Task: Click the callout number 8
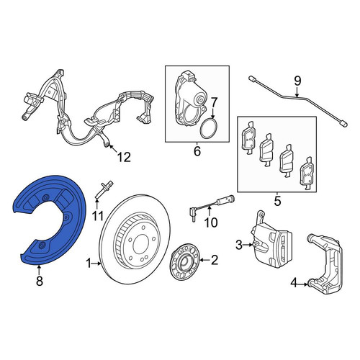pos(40,281)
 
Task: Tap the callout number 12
pos(124,157)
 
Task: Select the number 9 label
pos(297,81)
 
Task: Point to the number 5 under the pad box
pos(277,201)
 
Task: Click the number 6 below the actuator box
pos(197,151)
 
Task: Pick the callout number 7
pos(213,103)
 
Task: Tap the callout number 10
pos(211,222)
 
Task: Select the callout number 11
pos(98,216)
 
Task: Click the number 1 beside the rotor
pos(89,264)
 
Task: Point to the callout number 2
pos(214,260)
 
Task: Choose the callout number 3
pos(239,245)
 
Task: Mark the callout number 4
pos(294,284)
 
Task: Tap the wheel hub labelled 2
pos(184,261)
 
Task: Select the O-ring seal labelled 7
pos(210,129)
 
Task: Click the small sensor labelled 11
pos(104,189)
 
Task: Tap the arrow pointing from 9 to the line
pos(297,92)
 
